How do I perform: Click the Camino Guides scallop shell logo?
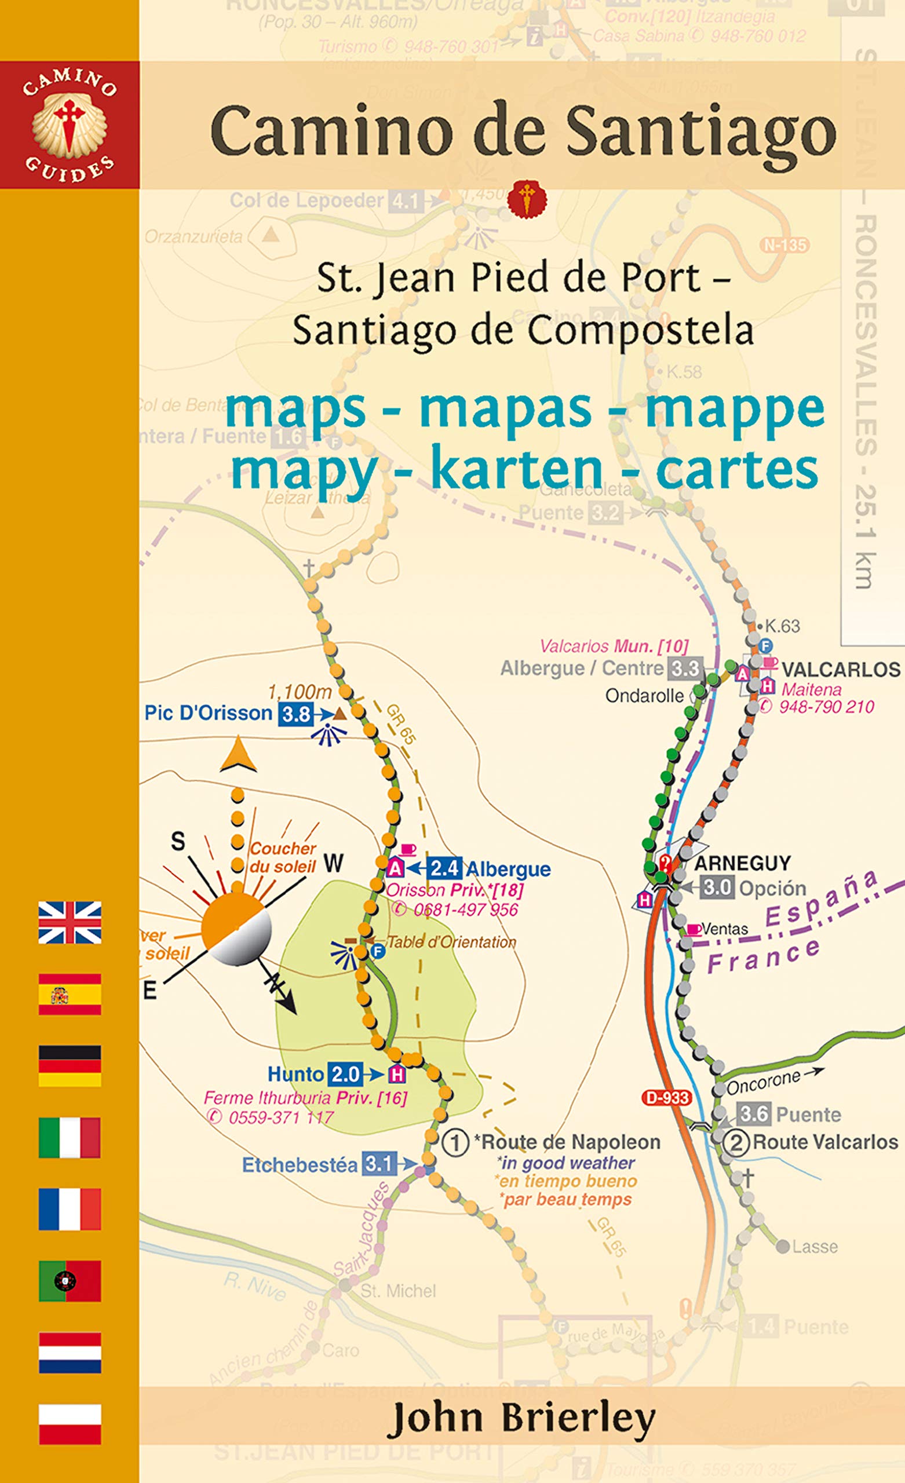pyautogui.click(x=70, y=123)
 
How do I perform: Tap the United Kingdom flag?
pyautogui.click(x=70, y=922)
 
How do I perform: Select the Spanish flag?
pyautogui.click(x=70, y=994)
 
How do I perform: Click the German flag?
pyautogui.click(x=70, y=1066)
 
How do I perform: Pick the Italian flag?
pyautogui.click(x=70, y=1138)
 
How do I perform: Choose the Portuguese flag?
pyautogui.click(x=70, y=1281)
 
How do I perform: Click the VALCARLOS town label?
pyautogui.click(x=841, y=669)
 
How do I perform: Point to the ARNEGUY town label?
pyautogui.click(x=742, y=863)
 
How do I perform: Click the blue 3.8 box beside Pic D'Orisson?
pyautogui.click(x=295, y=714)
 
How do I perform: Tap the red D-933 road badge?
pyautogui.click(x=666, y=1098)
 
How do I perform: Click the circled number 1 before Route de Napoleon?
pyautogui.click(x=455, y=1142)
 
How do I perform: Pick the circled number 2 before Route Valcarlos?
pyautogui.click(x=736, y=1142)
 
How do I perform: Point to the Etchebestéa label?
pyautogui.click(x=300, y=1165)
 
